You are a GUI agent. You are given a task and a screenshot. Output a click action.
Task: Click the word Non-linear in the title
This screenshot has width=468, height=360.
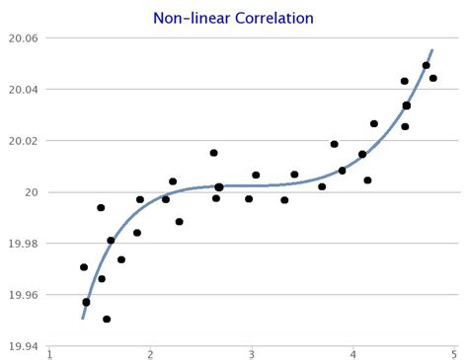point(189,18)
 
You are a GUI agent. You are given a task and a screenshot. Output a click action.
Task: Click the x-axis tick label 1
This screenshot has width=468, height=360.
point(49,354)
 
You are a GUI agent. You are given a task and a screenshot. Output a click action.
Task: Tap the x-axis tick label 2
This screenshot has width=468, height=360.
point(151,354)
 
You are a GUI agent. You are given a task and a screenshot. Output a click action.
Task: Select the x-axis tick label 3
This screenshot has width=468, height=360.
point(252,354)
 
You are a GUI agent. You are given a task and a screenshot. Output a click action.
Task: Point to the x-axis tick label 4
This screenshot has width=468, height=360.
point(353,354)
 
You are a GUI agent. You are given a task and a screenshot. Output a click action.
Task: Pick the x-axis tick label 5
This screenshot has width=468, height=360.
point(454,354)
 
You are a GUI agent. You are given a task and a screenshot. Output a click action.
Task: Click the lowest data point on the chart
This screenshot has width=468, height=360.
point(107,319)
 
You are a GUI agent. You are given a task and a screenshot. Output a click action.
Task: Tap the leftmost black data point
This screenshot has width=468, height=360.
point(84,267)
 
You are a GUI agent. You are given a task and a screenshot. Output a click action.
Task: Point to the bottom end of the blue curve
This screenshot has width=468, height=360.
point(82,319)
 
